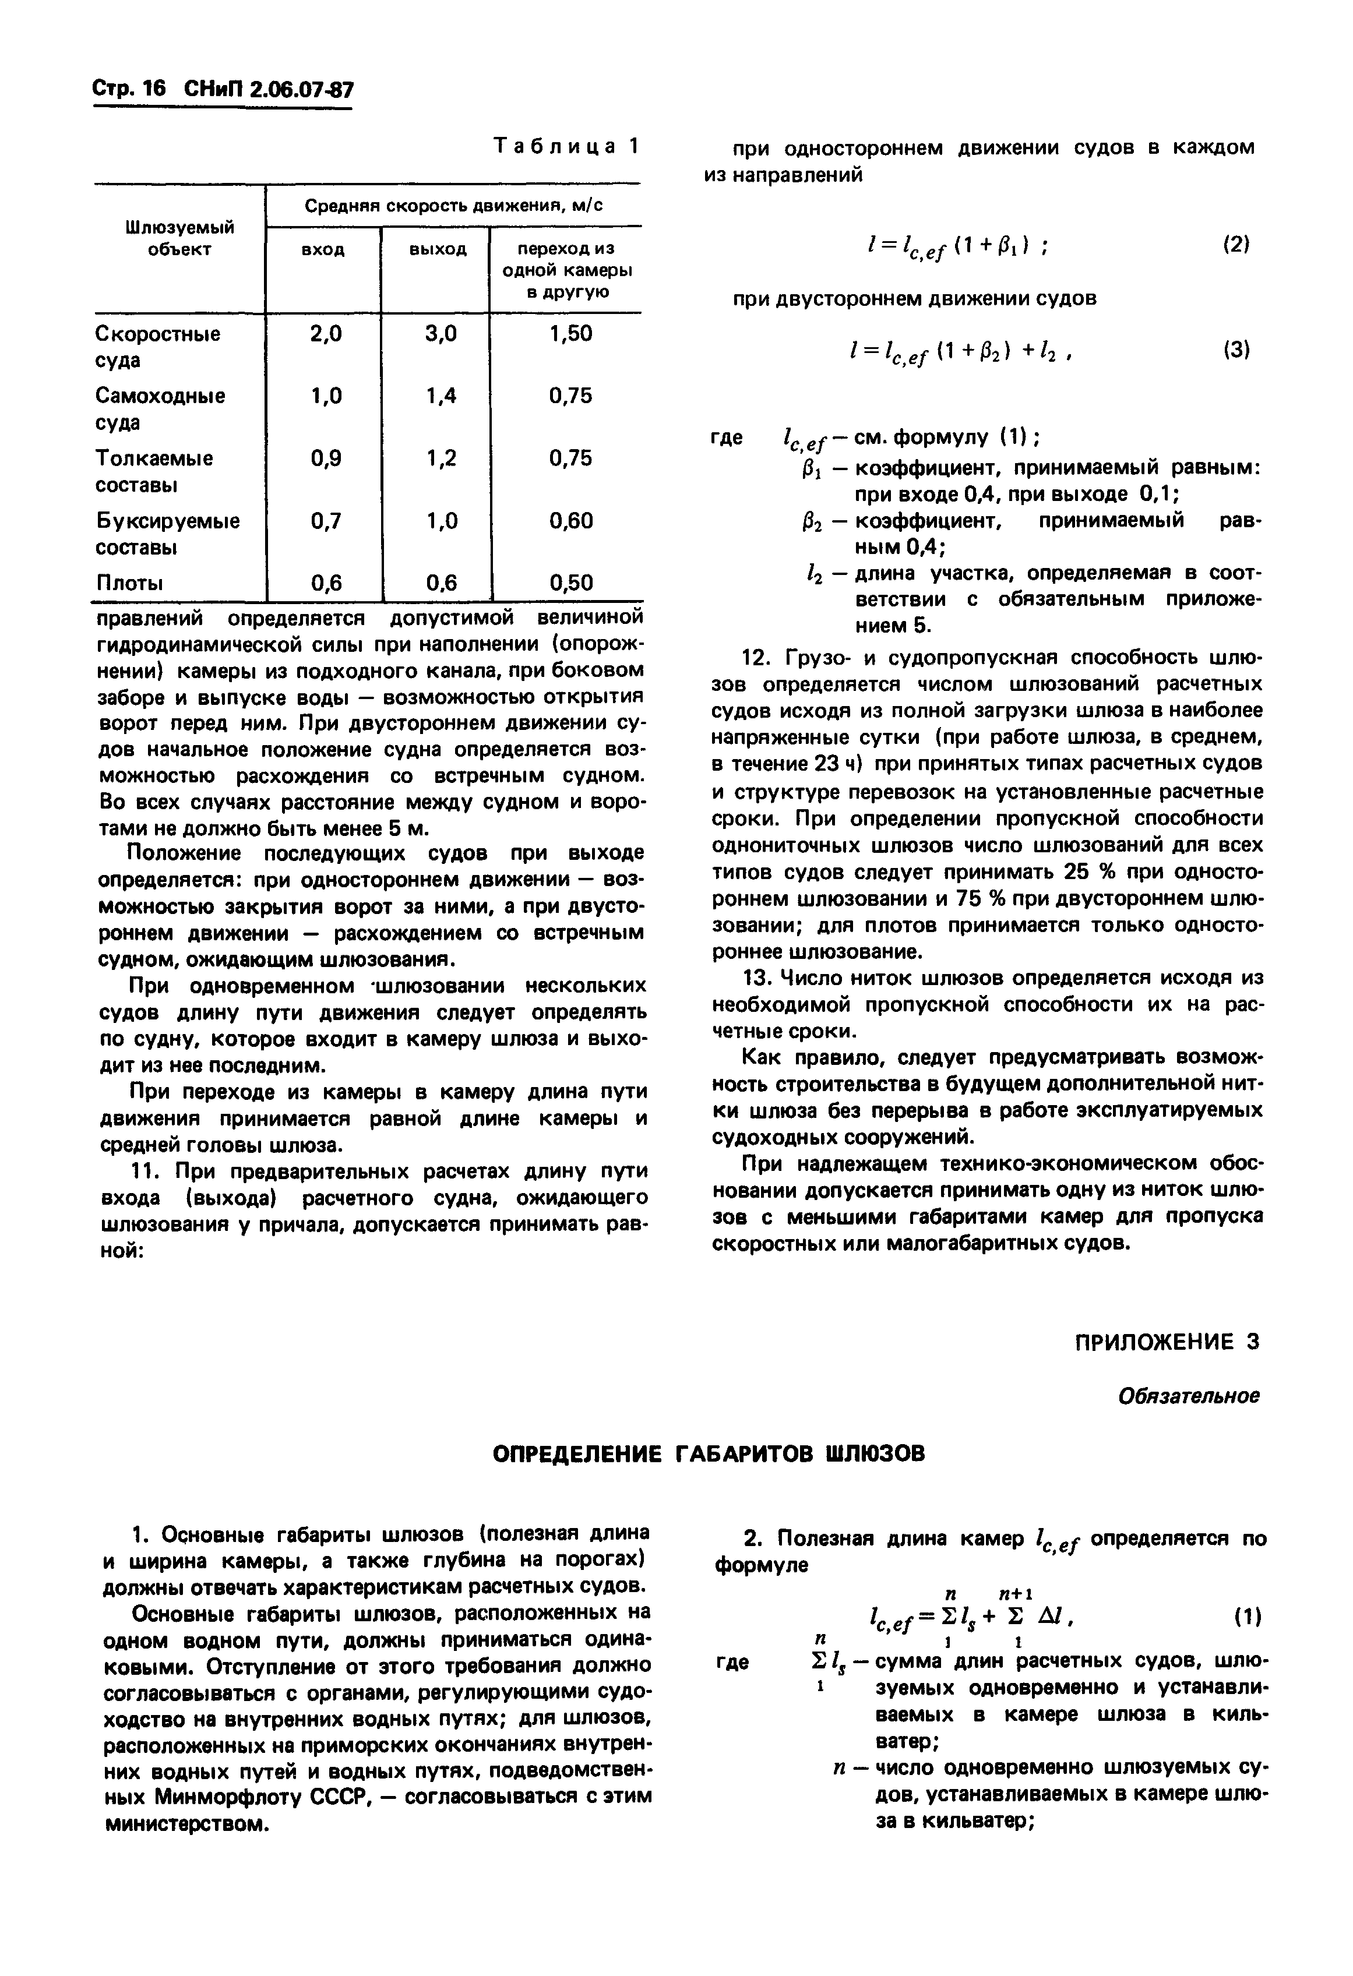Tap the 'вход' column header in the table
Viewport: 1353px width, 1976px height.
[323, 250]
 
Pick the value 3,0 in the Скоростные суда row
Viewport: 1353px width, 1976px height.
[440, 335]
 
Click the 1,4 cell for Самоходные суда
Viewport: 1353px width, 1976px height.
[440, 396]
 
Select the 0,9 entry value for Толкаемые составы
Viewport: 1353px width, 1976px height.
[326, 459]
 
